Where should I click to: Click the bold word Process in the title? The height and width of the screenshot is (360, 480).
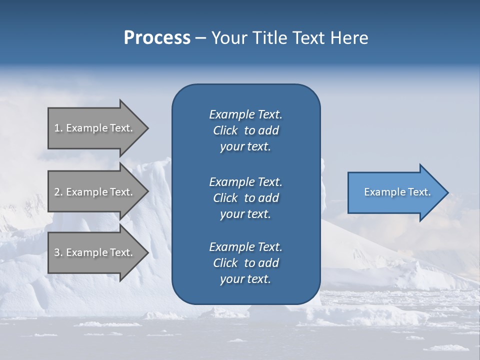(157, 37)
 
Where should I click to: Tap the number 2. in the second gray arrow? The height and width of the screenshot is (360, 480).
(58, 192)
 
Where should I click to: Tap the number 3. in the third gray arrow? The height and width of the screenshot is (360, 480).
(58, 252)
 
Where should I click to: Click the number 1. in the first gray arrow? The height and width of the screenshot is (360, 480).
(58, 128)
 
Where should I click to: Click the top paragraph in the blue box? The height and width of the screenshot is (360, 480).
(245, 130)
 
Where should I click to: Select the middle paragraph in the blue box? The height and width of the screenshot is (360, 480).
(245, 198)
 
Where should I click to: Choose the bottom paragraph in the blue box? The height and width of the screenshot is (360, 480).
(245, 263)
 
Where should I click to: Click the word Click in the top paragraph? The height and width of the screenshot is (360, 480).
(225, 130)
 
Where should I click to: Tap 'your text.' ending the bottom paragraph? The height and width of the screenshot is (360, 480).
(245, 279)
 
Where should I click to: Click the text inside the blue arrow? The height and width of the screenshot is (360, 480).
(397, 192)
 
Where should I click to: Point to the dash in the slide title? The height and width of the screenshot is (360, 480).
(200, 38)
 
